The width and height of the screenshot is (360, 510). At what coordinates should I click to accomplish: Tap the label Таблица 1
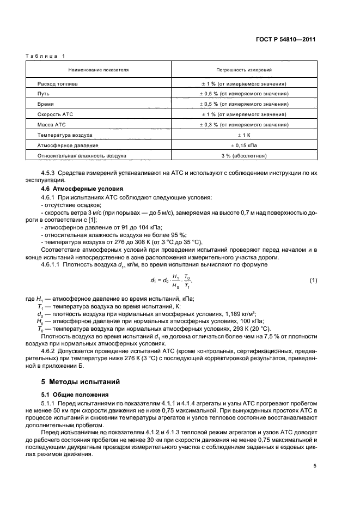click(x=45, y=56)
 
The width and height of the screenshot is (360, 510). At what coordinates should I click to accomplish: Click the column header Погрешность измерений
click(x=244, y=70)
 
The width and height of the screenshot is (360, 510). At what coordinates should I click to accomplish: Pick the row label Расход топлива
click(x=57, y=84)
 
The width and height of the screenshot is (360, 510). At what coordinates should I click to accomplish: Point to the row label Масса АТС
click(x=51, y=124)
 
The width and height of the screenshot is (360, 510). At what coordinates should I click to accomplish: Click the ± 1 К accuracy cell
click(x=244, y=135)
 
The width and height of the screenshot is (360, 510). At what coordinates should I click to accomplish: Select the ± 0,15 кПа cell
click(x=244, y=145)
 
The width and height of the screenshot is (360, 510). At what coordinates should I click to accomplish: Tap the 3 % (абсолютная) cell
click(x=244, y=155)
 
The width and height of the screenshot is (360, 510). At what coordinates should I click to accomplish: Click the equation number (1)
click(x=313, y=281)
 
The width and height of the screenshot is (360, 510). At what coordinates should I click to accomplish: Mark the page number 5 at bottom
click(x=315, y=466)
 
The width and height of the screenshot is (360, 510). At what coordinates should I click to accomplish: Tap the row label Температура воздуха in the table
click(x=65, y=135)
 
